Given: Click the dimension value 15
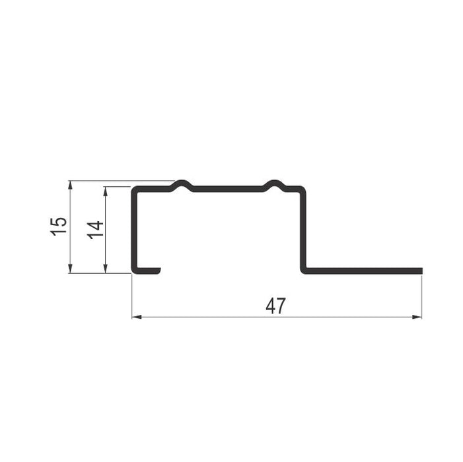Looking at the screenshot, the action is point(59,226).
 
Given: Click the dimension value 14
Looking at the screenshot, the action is point(95,230).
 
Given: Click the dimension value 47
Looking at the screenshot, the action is point(275,306).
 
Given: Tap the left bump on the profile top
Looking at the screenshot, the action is point(182,185).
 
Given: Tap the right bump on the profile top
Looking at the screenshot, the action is point(275,185).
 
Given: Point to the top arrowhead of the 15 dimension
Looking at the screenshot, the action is point(70,185).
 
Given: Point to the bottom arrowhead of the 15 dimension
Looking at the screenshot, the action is point(70,269).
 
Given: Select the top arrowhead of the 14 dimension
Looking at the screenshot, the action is point(106,191).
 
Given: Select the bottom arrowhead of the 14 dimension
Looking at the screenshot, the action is point(106,269).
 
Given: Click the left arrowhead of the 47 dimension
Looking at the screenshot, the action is point(137,317).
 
